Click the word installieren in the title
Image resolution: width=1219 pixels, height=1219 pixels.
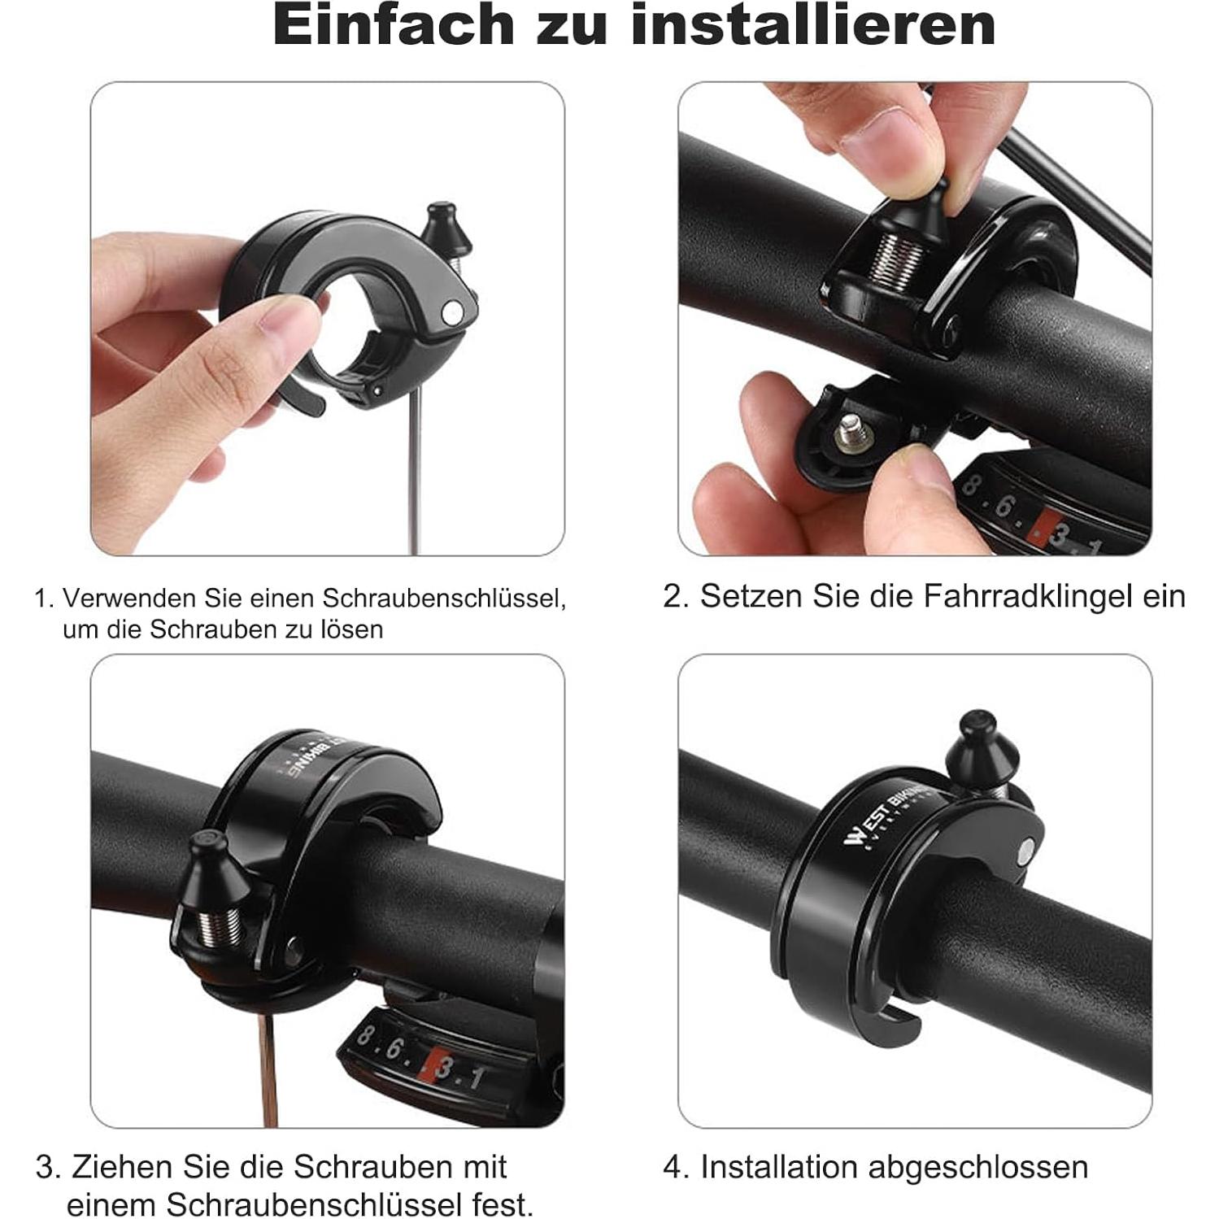tap(812, 26)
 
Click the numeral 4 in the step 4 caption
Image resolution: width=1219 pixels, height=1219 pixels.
tap(673, 1167)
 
